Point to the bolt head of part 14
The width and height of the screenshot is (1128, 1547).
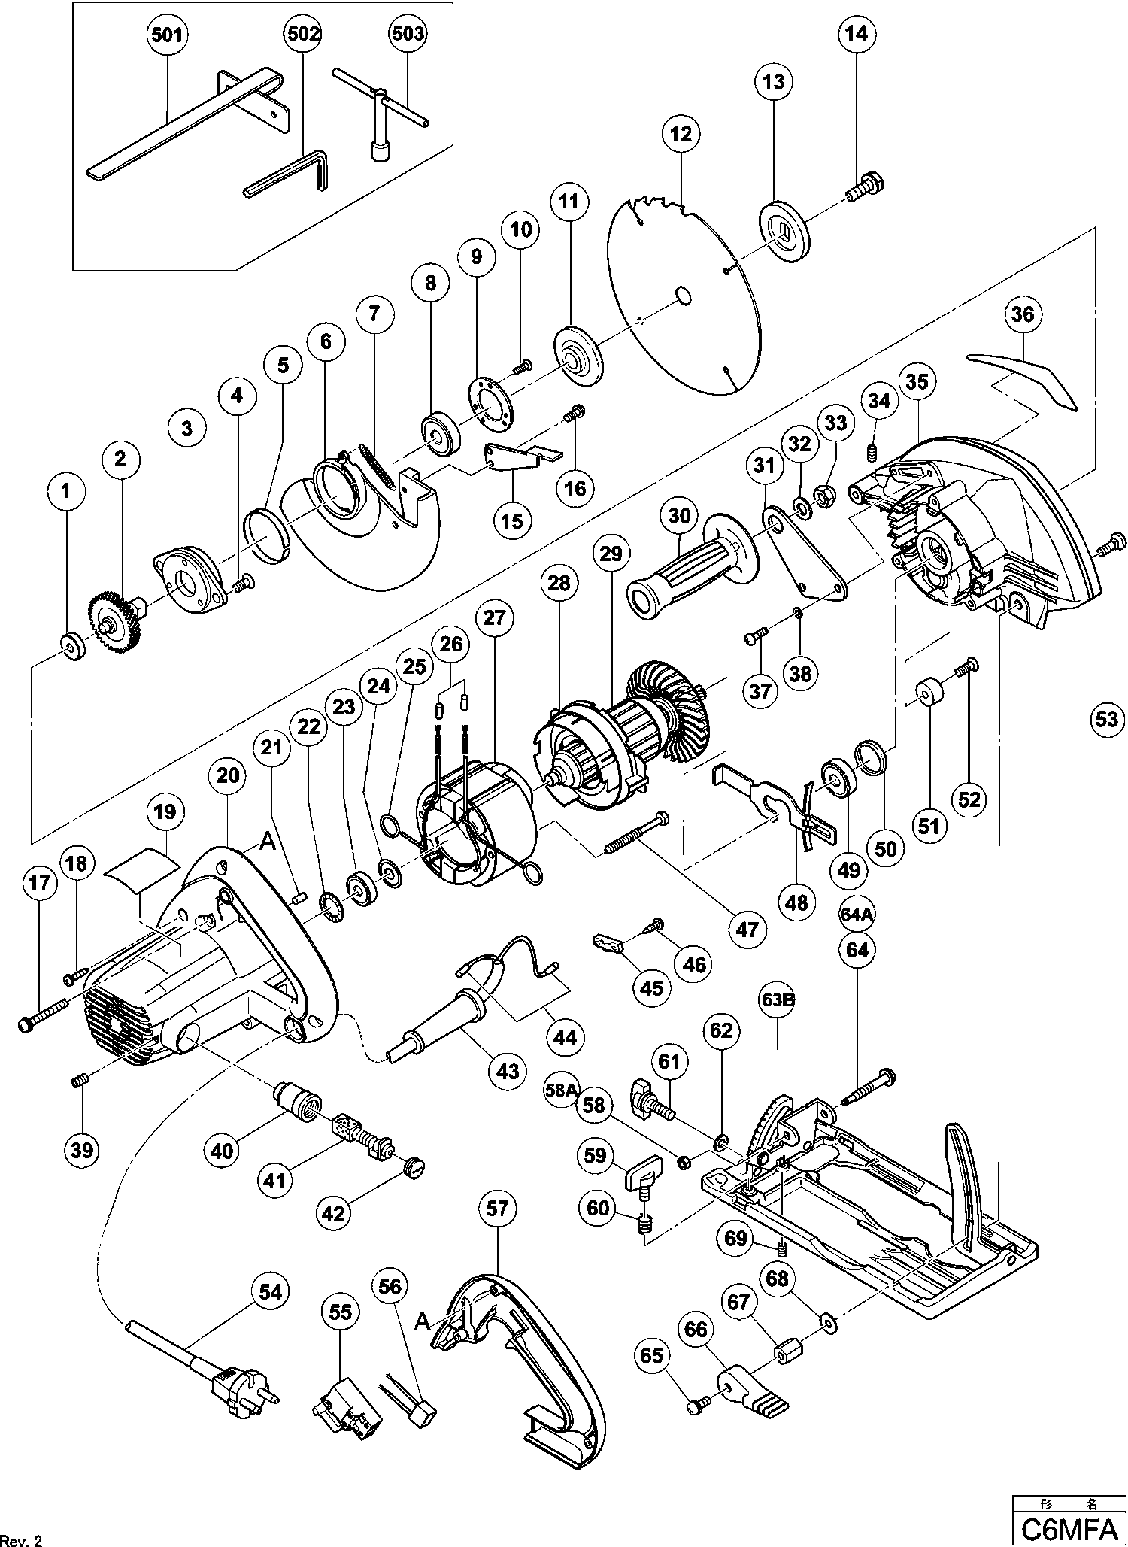point(871,183)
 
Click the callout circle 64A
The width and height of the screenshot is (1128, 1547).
point(857,915)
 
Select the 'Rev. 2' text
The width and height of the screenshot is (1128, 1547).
point(21,1536)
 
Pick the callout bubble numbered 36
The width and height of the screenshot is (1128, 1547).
point(1022,314)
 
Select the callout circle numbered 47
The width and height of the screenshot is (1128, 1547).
point(747,930)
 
